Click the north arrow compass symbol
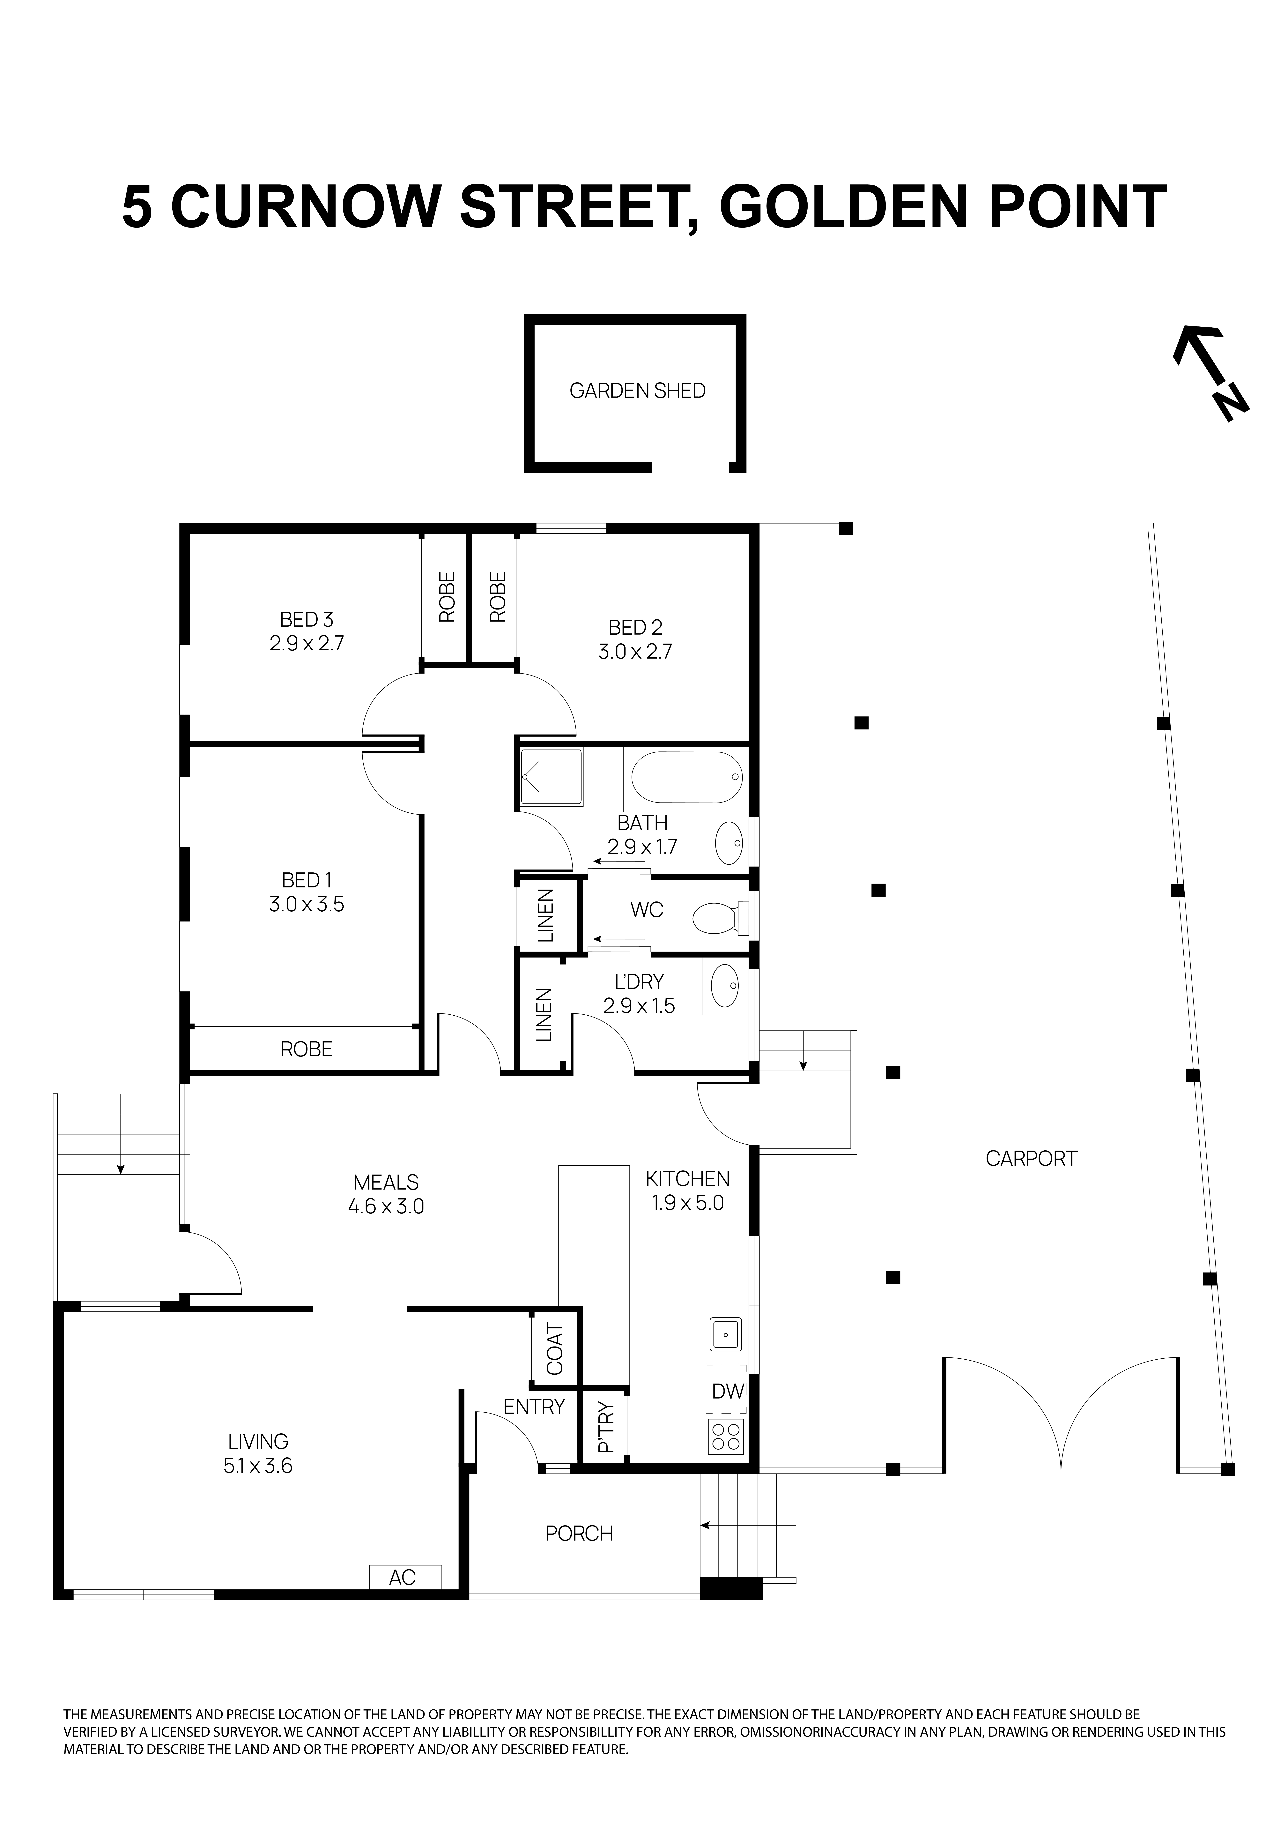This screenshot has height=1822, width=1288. tap(1210, 371)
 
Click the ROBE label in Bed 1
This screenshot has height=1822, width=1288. tap(306, 1049)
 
